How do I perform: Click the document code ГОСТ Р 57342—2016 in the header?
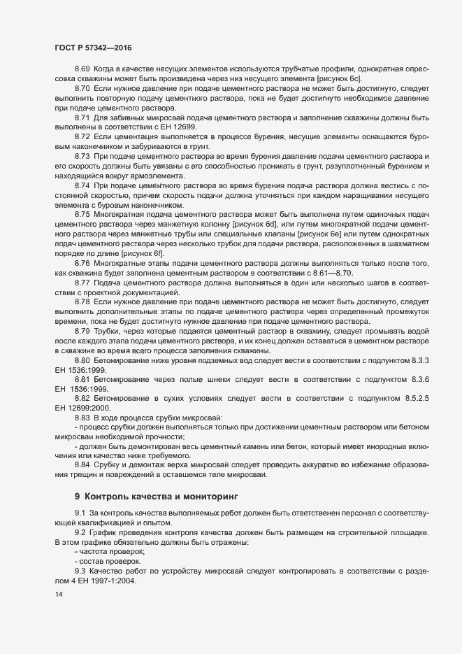tap(93, 48)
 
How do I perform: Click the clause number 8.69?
tap(82, 71)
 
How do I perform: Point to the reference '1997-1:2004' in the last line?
tap(120, 582)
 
